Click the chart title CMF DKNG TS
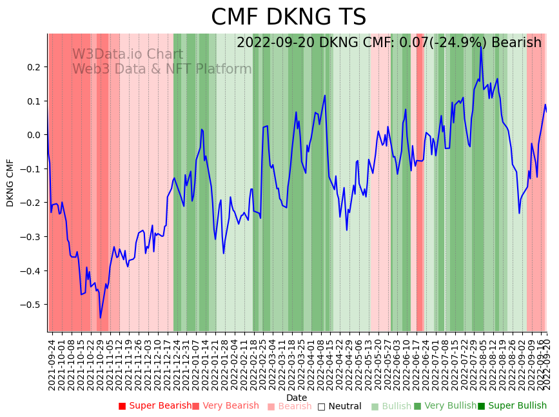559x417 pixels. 288,17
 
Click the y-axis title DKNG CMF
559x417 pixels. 10,183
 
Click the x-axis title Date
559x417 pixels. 297,398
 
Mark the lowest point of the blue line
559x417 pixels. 100,318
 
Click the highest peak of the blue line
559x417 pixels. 481,46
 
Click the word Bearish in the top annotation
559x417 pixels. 516,43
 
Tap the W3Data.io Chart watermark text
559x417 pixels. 128,55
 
